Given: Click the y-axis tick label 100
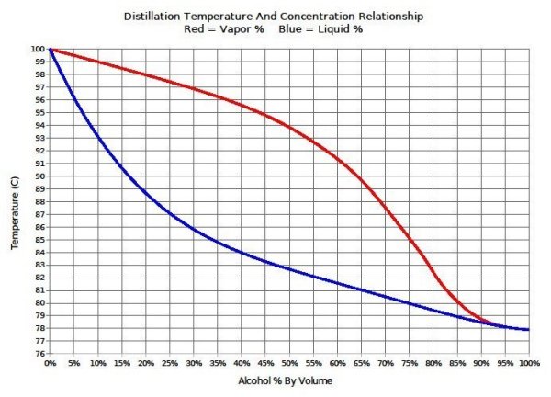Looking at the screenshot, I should [38, 49].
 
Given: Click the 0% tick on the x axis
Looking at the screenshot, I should [51, 364].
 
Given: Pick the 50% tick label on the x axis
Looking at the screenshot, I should [290, 364].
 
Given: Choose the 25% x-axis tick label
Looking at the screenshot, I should [170, 364].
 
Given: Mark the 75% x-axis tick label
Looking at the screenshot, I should [410, 364].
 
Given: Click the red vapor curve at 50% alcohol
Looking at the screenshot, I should [290, 127].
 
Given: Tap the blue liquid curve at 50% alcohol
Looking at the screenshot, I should [290, 269].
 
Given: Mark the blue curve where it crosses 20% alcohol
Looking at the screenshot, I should [146, 190].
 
